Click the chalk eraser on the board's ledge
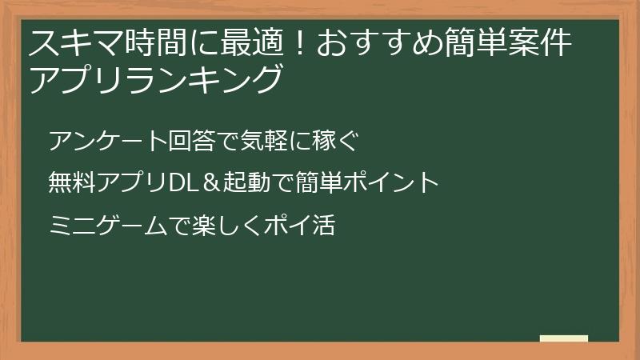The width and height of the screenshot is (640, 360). [x=564, y=338]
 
